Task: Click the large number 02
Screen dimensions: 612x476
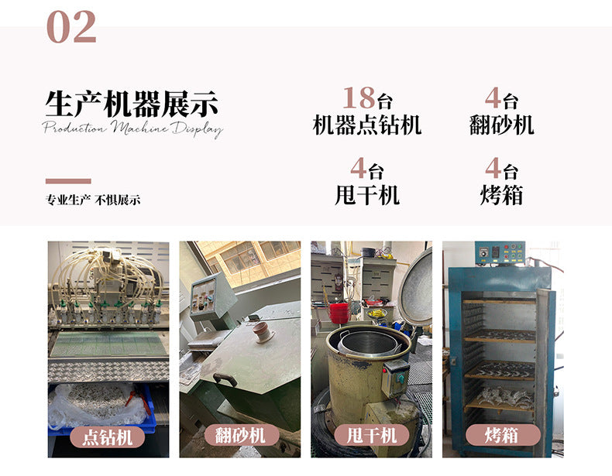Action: (71, 26)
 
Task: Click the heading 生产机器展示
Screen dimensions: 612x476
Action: (132, 104)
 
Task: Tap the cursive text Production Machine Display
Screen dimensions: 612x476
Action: (132, 128)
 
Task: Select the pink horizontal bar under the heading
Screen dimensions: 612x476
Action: (68, 181)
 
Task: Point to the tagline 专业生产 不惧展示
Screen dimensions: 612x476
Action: (93, 200)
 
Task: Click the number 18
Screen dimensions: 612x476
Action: (359, 98)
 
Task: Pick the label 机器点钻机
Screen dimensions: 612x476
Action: (367, 125)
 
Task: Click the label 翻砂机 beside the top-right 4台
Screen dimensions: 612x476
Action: (501, 125)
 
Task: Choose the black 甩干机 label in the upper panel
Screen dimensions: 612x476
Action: (367, 194)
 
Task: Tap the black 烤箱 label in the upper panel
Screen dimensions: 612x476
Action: (501, 194)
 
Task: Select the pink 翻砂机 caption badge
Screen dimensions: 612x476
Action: (240, 435)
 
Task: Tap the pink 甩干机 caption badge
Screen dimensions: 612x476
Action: (372, 435)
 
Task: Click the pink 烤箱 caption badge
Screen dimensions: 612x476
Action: (503, 435)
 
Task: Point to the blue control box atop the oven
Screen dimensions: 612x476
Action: (500, 253)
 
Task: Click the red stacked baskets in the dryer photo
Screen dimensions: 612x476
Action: (339, 313)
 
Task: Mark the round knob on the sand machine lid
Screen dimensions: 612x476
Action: (263, 332)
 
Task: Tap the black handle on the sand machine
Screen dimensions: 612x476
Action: (225, 378)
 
